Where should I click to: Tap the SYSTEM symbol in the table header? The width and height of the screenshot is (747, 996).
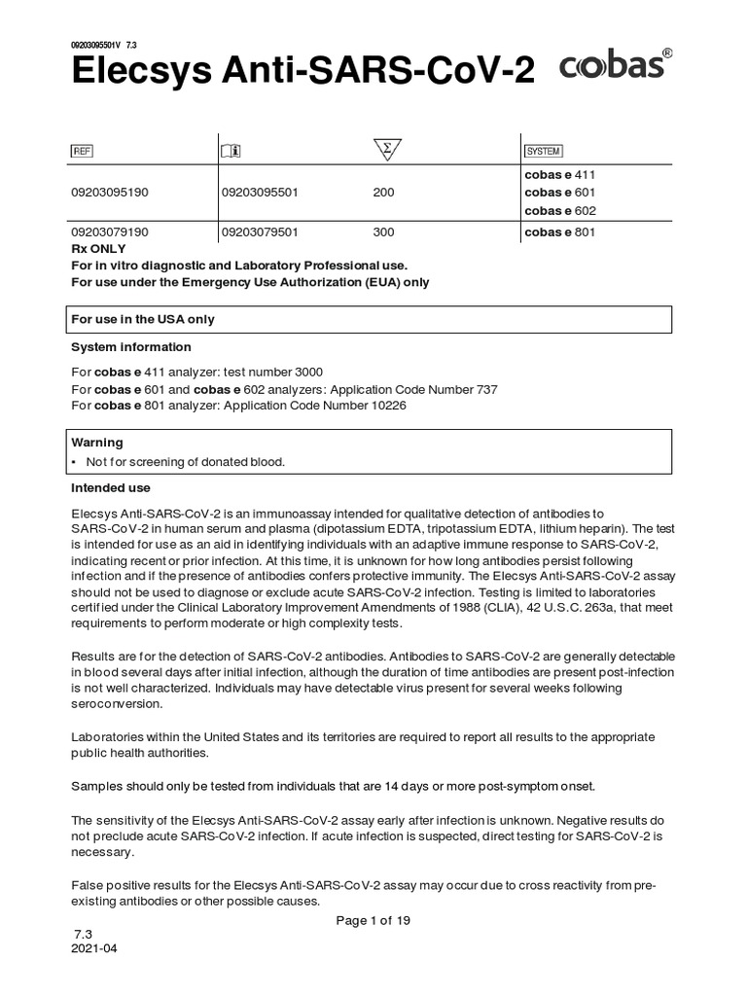543,151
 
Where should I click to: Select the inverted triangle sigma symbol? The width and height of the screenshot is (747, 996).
387,150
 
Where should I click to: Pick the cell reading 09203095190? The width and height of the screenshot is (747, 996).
110,193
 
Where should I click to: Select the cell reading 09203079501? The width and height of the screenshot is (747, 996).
260,232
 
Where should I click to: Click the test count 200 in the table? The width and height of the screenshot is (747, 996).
383,193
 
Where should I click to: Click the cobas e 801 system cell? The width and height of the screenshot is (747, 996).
559,232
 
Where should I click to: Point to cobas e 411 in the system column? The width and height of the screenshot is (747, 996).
559,174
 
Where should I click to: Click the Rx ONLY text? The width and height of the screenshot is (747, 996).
100,249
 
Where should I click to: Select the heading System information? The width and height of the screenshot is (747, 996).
131,347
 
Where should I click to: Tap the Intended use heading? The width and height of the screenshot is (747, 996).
111,487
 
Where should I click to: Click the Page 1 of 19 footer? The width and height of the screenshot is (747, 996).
373,921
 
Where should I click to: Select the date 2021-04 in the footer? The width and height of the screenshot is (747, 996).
94,949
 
